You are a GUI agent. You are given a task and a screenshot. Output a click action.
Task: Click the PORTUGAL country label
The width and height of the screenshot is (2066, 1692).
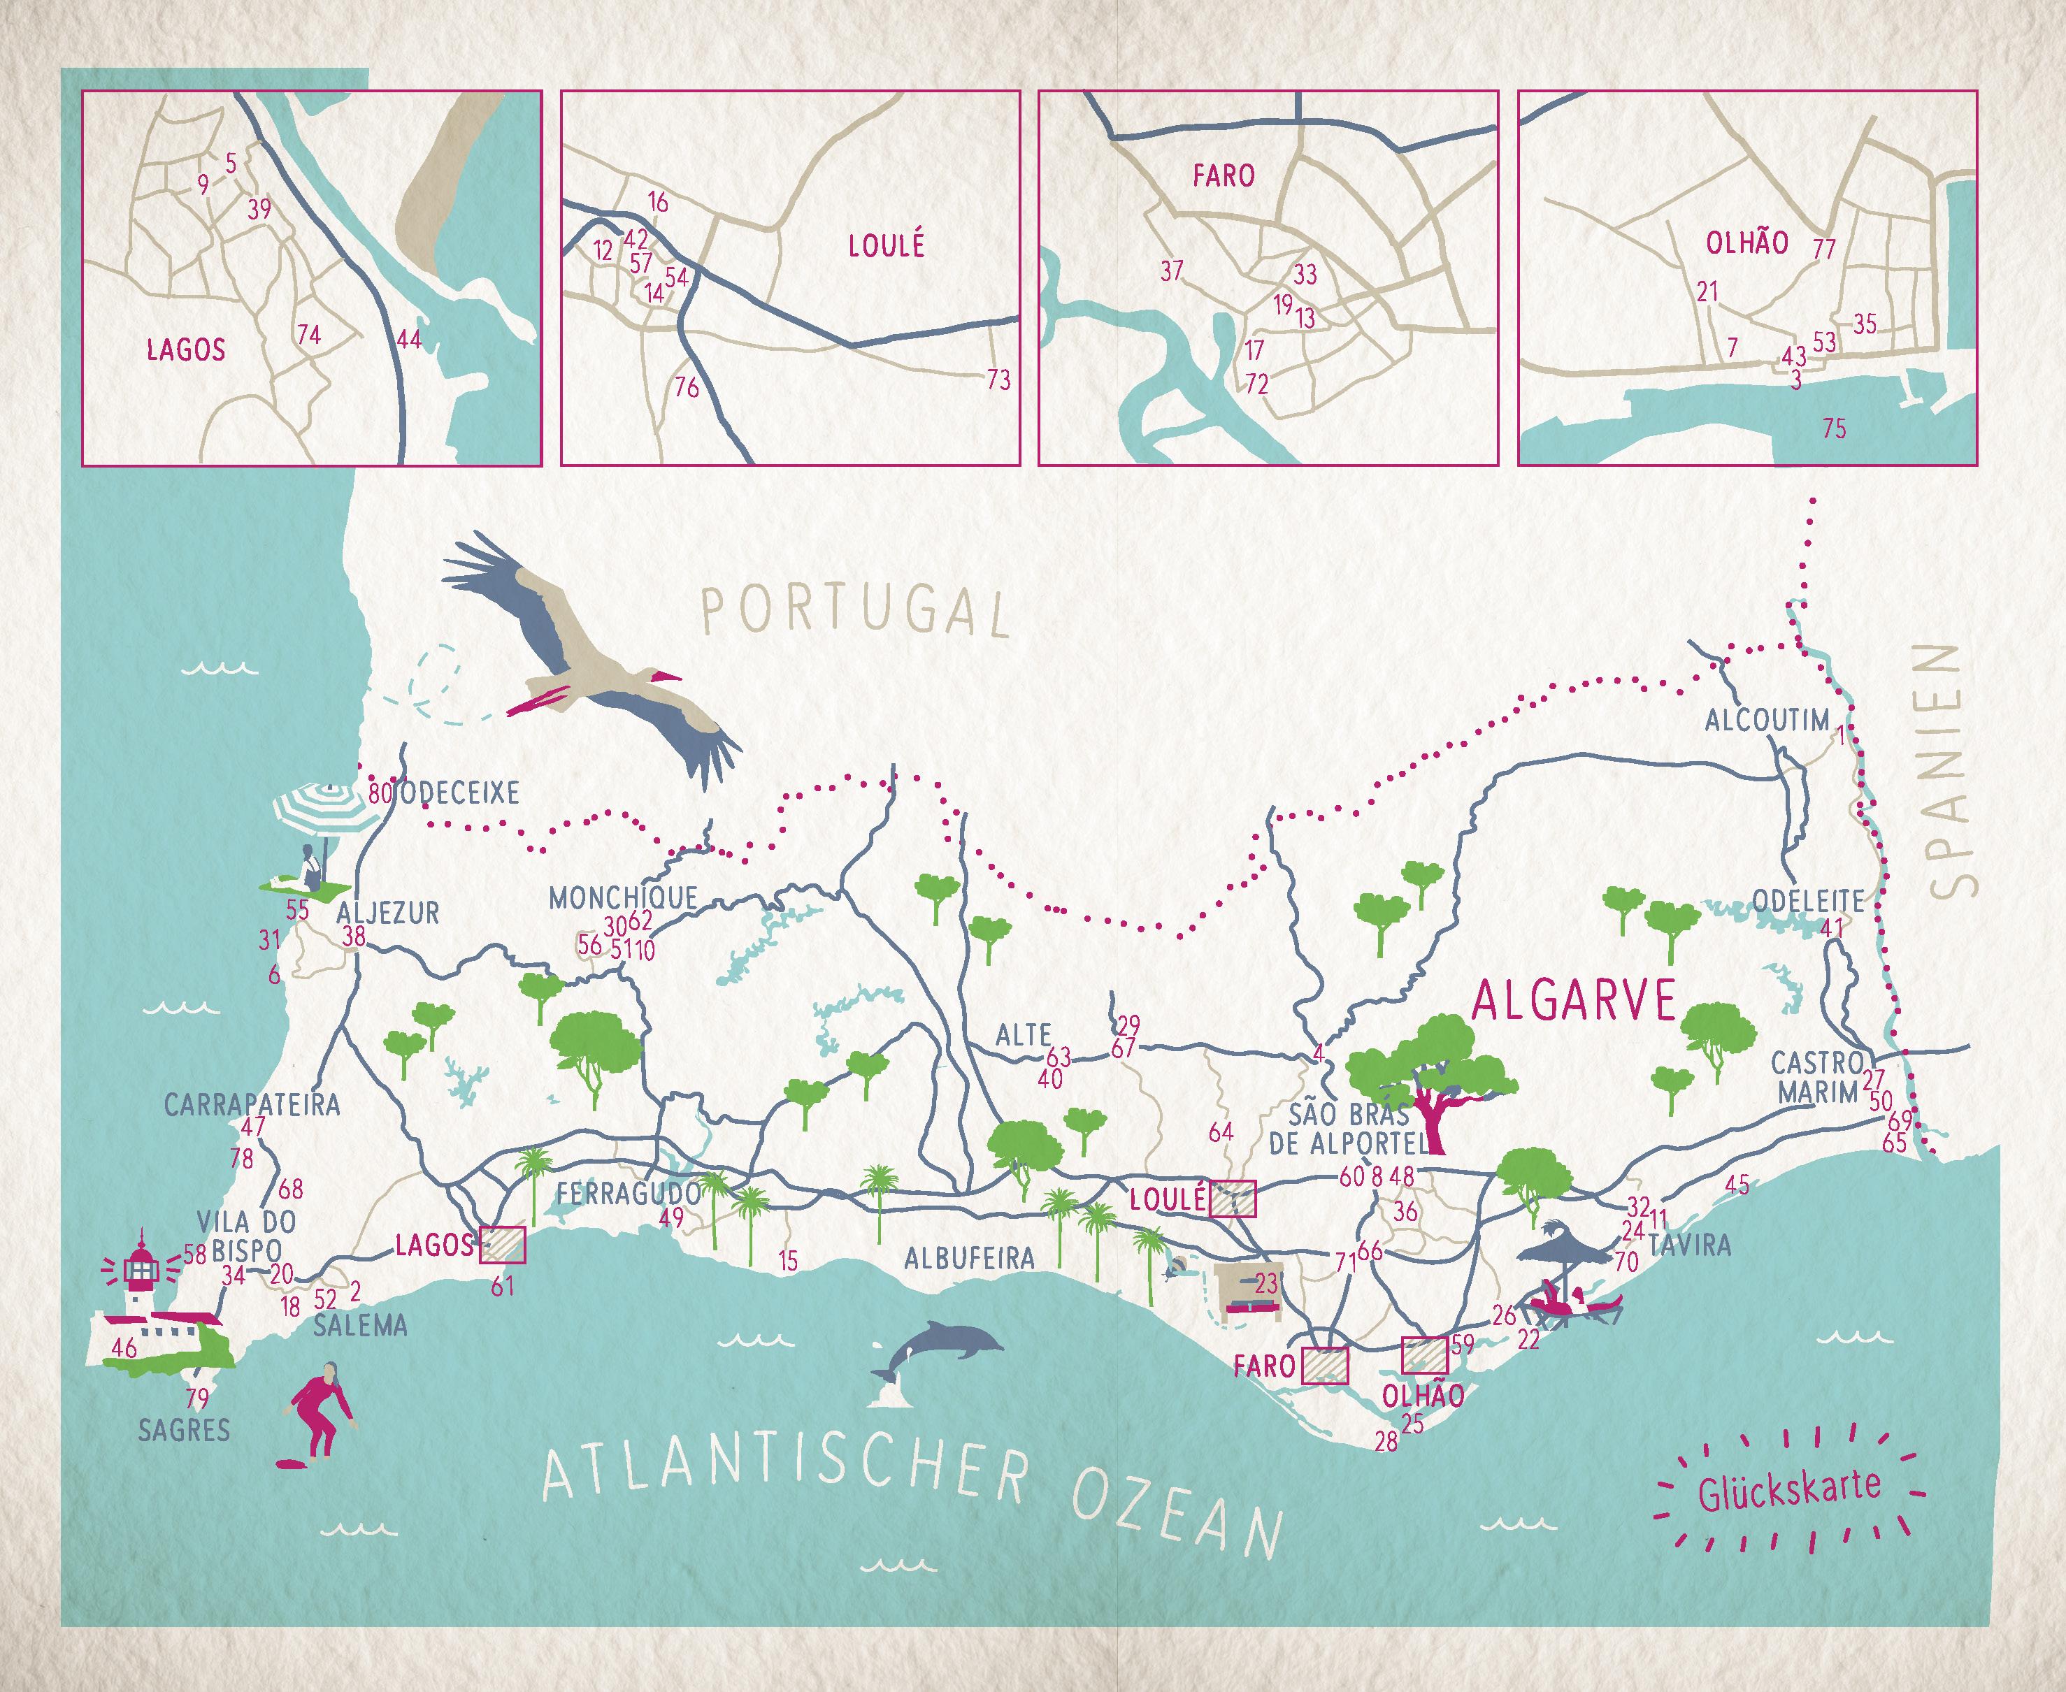[854, 610]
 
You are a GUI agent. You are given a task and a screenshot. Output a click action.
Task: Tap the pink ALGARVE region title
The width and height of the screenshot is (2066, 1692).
[1572, 1000]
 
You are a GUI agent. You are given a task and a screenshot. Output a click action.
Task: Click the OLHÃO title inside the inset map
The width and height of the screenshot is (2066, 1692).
[1746, 243]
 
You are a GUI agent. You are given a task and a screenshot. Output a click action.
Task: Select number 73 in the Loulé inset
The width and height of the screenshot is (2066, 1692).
[998, 379]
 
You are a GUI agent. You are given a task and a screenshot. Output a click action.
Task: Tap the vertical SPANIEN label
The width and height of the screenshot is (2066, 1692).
[1943, 770]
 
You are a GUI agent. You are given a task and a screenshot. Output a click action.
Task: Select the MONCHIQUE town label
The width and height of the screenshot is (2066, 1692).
[623, 897]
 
